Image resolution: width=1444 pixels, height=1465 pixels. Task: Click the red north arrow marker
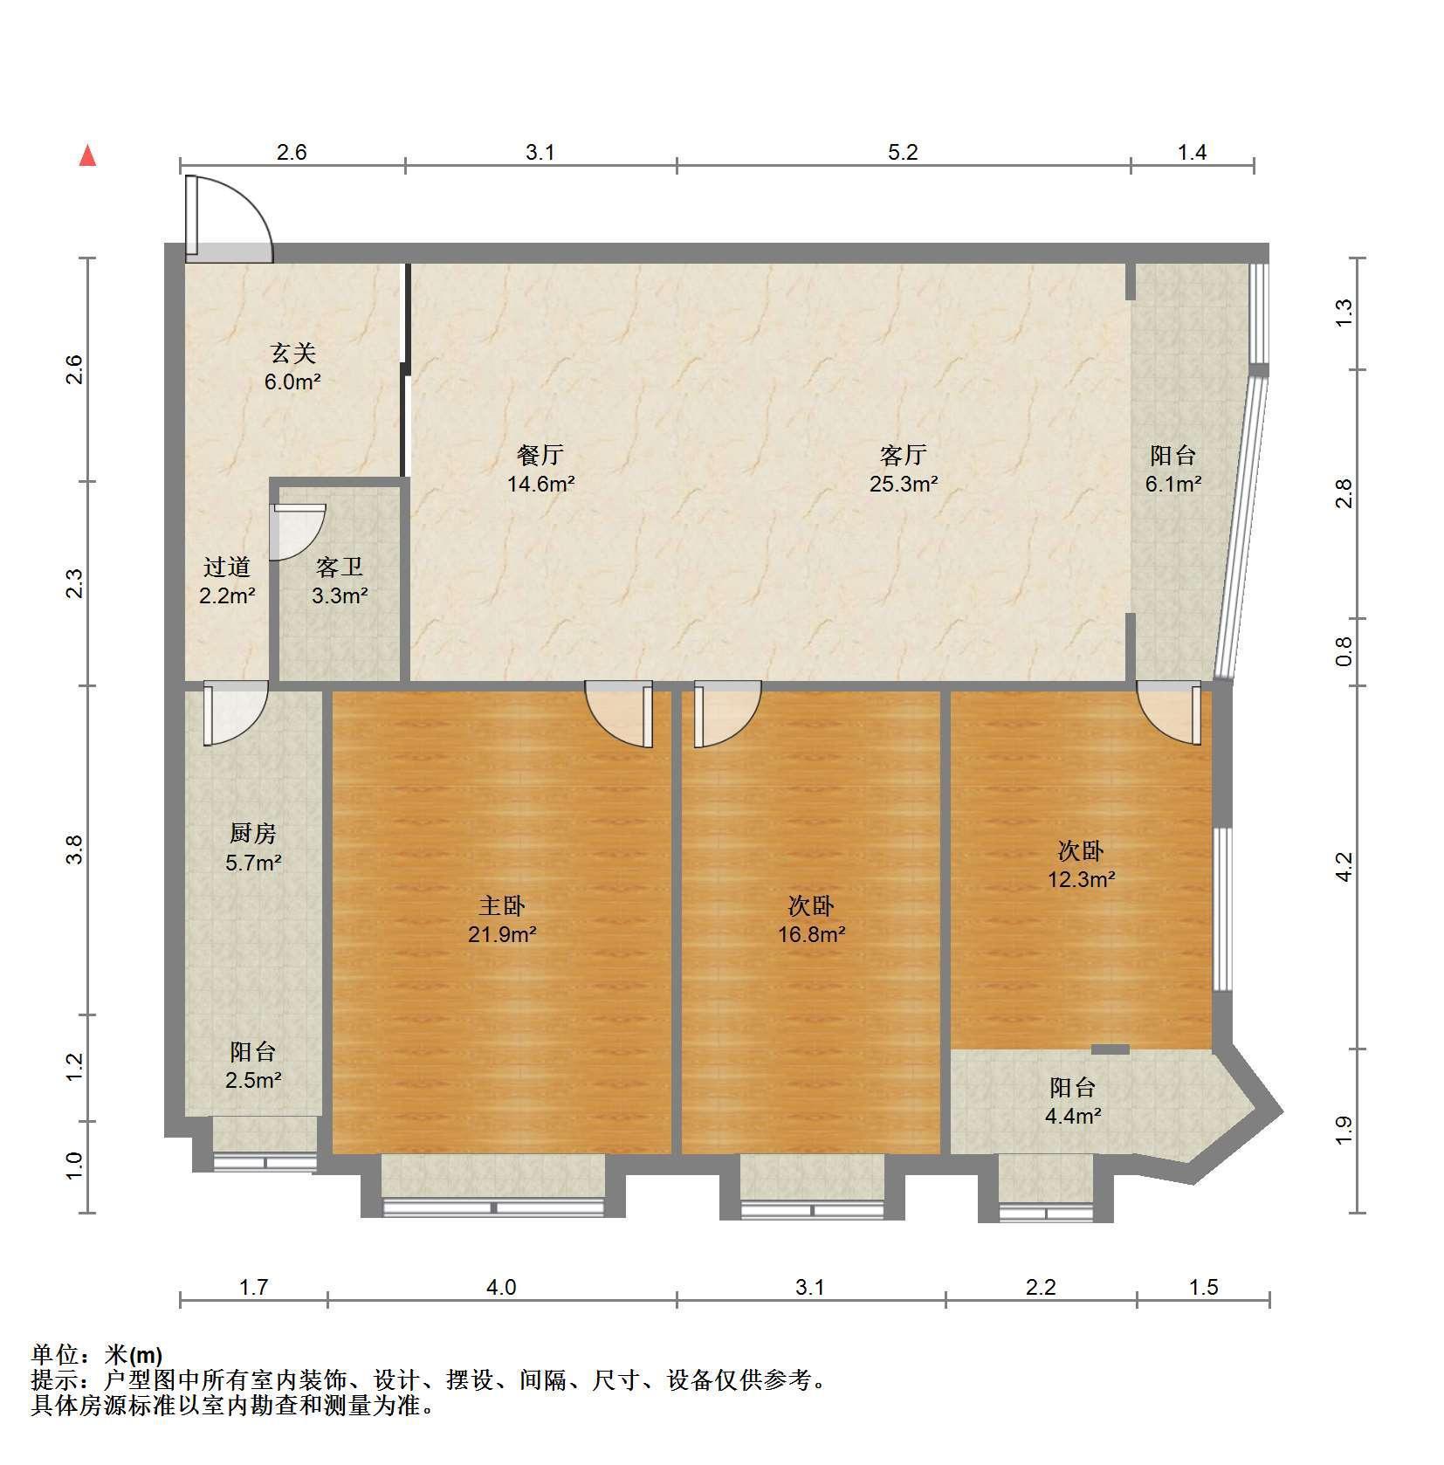tap(87, 155)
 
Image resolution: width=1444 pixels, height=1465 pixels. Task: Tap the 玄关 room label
tap(292, 354)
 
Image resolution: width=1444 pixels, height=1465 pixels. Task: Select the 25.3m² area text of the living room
tap(904, 484)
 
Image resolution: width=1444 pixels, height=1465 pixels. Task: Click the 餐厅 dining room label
tap(540, 455)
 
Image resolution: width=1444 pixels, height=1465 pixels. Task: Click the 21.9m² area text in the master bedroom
tap(502, 935)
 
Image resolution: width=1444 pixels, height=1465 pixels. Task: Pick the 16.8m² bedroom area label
tap(812, 935)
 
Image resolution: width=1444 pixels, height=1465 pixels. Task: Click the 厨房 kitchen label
tap(253, 835)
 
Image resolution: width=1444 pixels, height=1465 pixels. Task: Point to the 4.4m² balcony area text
tap(1073, 1115)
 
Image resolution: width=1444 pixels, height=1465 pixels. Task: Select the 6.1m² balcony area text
tap(1173, 484)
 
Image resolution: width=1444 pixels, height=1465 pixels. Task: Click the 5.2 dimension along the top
tap(904, 153)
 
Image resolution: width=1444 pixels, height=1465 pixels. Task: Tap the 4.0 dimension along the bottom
tap(502, 1287)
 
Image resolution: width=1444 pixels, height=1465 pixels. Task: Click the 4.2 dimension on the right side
tap(1344, 866)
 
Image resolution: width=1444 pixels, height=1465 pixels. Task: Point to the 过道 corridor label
tap(227, 567)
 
